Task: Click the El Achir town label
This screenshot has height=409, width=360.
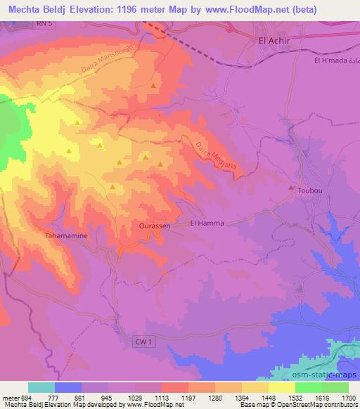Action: point(274,41)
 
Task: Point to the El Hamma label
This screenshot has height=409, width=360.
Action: point(206,223)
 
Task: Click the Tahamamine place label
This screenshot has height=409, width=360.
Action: point(66,236)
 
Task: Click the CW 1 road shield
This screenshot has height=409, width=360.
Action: point(143,340)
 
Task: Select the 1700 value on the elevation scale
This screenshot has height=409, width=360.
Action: point(347,398)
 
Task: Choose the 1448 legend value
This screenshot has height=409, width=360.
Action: point(269,398)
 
